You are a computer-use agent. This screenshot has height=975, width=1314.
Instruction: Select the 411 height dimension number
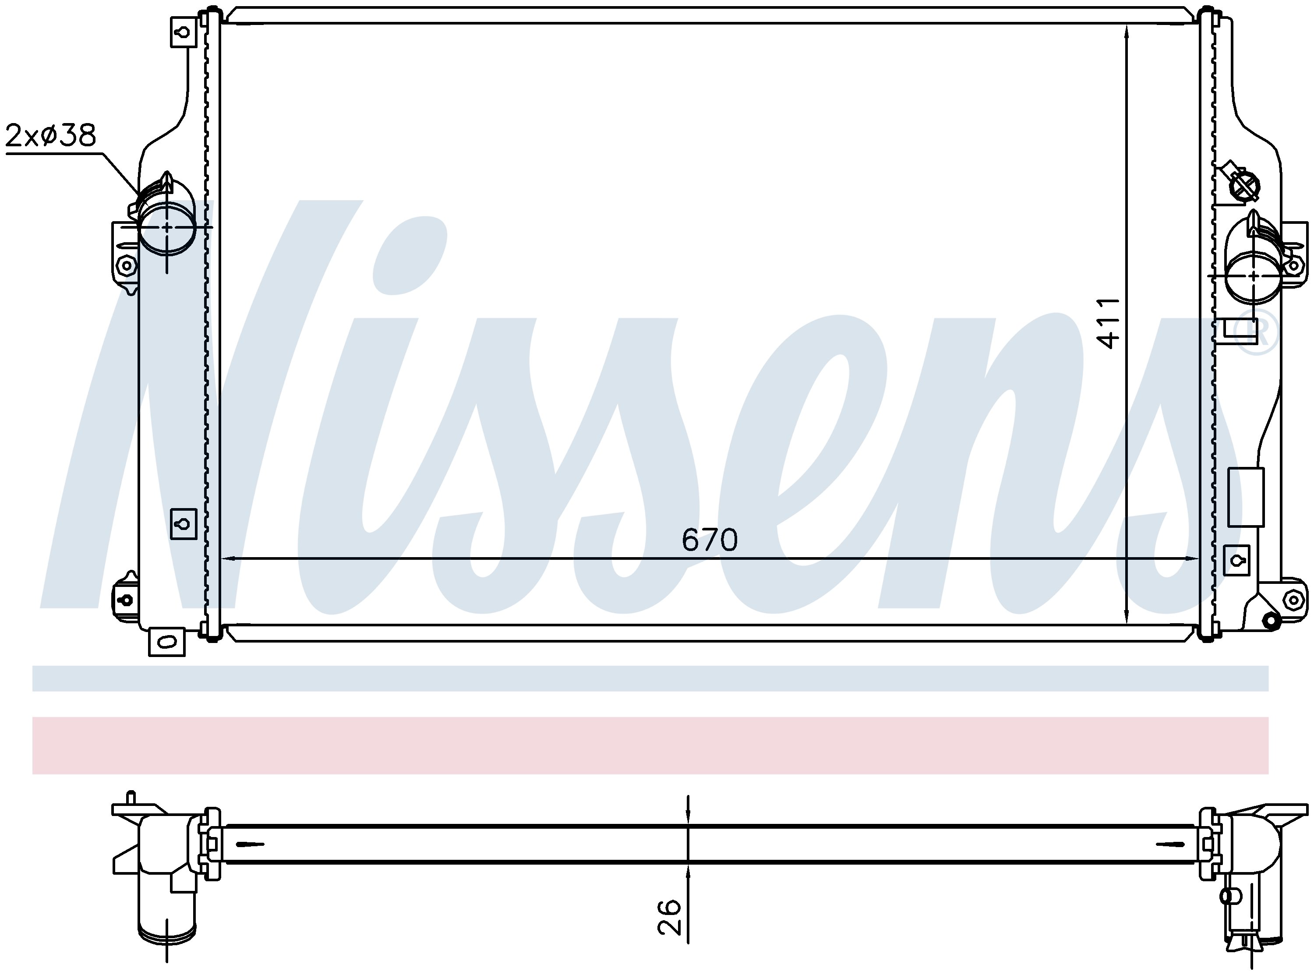click(x=1108, y=323)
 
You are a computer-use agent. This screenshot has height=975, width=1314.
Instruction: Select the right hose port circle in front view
click(x=1254, y=277)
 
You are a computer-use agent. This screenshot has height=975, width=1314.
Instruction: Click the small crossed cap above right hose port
click(x=1244, y=185)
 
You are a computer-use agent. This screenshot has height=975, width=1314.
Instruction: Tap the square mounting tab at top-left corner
click(x=183, y=31)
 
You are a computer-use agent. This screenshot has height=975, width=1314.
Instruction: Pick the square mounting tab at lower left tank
click(x=183, y=523)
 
